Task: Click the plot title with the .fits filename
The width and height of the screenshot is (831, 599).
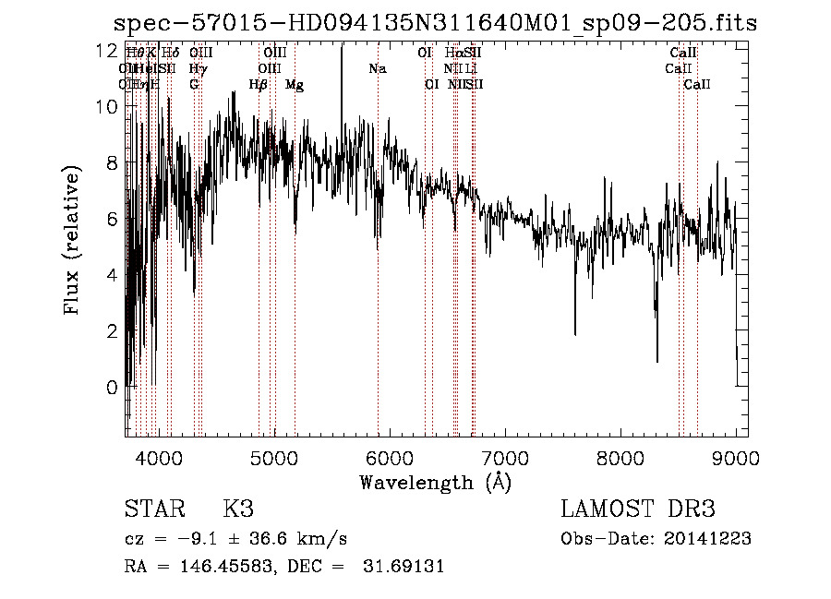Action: pyautogui.click(x=434, y=23)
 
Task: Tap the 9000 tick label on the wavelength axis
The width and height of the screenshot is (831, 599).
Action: pyautogui.click(x=735, y=457)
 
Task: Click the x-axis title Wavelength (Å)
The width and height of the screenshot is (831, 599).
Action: pyautogui.click(x=435, y=482)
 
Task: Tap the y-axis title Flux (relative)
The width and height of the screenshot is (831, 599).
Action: pyautogui.click(x=72, y=239)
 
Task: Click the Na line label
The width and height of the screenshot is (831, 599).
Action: pyautogui.click(x=377, y=69)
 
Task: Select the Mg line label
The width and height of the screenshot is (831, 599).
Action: pyautogui.click(x=295, y=85)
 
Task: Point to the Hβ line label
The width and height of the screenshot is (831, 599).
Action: pyautogui.click(x=259, y=85)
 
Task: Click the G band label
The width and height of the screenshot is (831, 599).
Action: pyautogui.click(x=194, y=85)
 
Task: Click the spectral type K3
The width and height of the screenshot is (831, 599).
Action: pyautogui.click(x=238, y=509)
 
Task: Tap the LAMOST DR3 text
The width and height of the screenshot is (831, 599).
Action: pyautogui.click(x=637, y=509)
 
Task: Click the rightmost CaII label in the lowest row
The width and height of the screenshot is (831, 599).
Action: pyautogui.click(x=697, y=85)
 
